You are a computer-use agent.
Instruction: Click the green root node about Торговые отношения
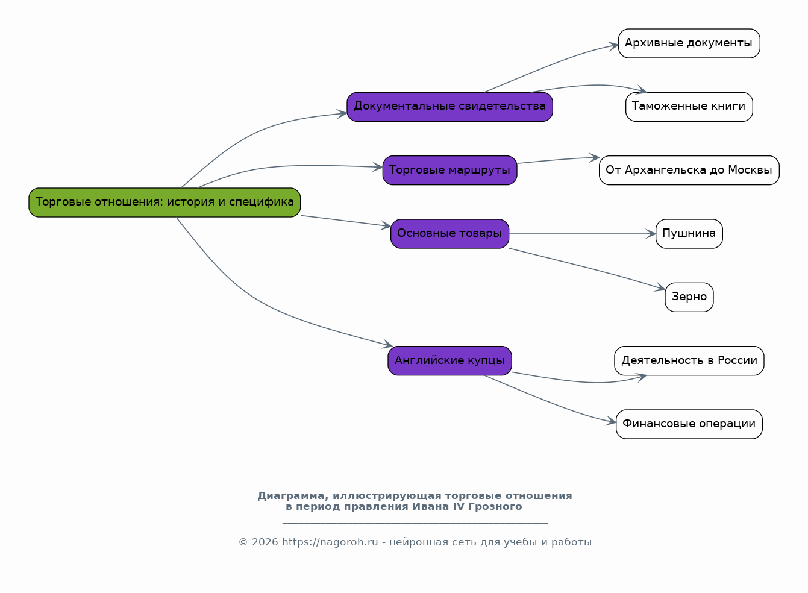pos(164,202)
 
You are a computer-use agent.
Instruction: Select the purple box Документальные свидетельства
pos(450,107)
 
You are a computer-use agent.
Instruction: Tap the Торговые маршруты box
pos(450,171)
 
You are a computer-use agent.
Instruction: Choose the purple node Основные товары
pos(450,234)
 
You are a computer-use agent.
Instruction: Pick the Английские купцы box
pos(450,361)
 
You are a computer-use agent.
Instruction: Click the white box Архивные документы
pos(689,43)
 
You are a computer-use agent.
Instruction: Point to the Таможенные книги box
pos(689,107)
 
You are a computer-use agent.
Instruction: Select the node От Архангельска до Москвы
pos(689,171)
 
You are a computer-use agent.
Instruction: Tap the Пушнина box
pos(689,234)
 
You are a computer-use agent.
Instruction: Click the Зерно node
pos(689,297)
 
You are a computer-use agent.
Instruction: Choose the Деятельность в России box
pos(689,361)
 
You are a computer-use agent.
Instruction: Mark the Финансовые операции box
pos(689,424)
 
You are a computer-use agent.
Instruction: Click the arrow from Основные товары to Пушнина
pos(582,234)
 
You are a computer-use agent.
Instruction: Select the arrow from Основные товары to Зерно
pos(588,268)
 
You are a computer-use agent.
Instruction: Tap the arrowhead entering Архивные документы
pos(613,46)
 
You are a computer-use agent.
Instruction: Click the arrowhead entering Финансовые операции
pos(611,421)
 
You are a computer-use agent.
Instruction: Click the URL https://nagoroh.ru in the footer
pos(330,542)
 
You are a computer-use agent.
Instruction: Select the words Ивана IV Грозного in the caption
pos(467,506)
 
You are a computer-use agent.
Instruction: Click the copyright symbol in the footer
pos(243,542)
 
